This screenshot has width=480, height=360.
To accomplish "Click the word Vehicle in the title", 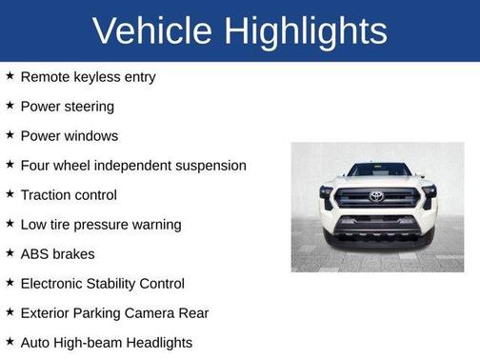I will pos(151,31).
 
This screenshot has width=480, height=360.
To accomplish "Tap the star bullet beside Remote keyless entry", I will pos(10,76).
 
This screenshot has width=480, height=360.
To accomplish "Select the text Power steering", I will pos(67,107).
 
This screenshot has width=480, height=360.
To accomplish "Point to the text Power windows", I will pos(69,136).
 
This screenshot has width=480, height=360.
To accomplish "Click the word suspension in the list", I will pos(207,166).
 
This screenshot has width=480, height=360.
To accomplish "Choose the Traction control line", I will pos(69,195).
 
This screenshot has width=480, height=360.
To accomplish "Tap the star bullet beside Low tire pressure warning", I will pos(10,224).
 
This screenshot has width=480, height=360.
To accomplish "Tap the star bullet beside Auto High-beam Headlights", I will pos(10,342).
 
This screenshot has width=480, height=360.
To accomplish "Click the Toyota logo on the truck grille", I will pos(376,196).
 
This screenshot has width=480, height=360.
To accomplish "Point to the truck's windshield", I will pos(377,170).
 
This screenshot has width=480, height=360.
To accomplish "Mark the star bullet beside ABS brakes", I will pos(10,253).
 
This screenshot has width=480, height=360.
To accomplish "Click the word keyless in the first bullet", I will pos(96,77).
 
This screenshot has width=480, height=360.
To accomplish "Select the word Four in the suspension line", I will pos(35,166).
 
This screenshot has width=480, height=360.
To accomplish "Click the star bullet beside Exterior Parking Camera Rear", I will pos(10,312).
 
